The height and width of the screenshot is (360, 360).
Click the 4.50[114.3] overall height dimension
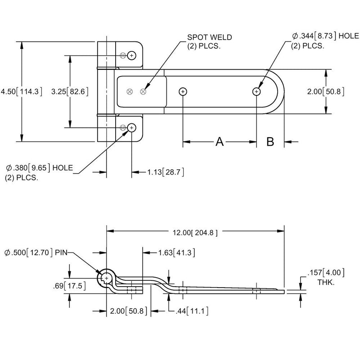point(22,91)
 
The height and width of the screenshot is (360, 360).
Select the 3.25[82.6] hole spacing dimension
point(69,91)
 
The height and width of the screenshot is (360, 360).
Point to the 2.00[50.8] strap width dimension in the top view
point(326,91)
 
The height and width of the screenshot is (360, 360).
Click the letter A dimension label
point(219,142)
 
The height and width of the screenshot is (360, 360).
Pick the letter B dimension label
point(270,142)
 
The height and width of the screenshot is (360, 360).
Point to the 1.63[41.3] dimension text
point(176,252)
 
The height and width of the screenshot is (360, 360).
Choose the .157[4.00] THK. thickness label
point(325,276)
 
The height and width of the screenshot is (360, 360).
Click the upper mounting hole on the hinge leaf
point(131,55)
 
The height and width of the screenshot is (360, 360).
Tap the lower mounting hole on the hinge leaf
point(131,128)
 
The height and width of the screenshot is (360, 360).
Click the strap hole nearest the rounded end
point(256,91)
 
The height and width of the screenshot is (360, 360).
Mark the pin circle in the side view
point(107,279)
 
